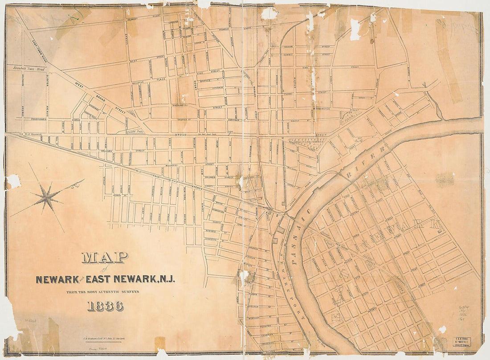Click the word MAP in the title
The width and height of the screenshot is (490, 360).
point(105,257)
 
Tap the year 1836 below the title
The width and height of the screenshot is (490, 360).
point(106,306)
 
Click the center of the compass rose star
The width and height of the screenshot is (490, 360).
point(47,197)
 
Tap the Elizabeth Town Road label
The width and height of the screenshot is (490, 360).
point(29,69)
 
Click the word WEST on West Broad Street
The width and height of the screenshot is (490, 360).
point(80,85)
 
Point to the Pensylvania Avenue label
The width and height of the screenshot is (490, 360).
point(36,120)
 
